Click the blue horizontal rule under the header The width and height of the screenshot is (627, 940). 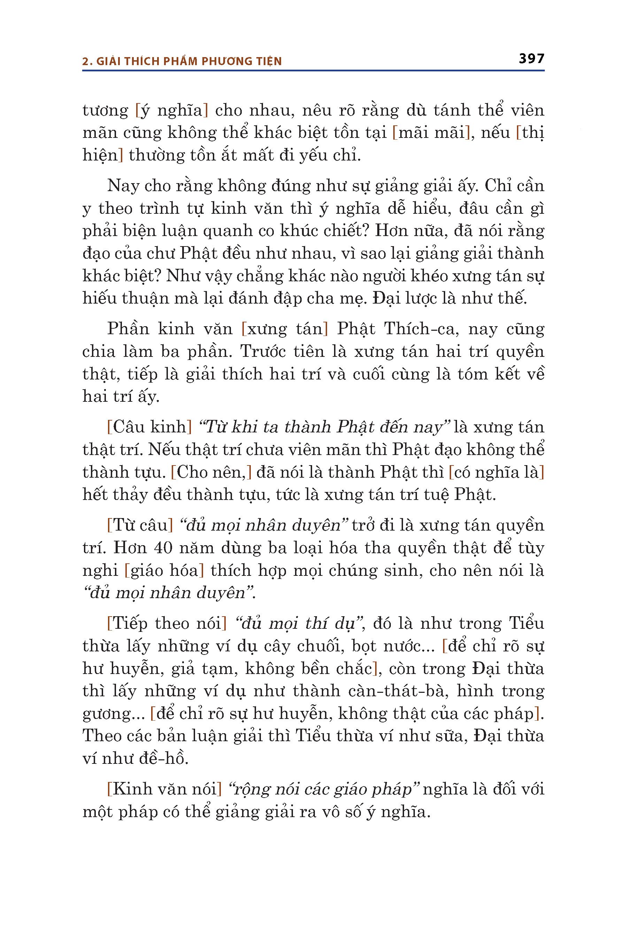(313, 71)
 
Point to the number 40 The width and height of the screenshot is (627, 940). (163, 548)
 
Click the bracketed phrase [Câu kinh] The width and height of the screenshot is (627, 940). (149, 427)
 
